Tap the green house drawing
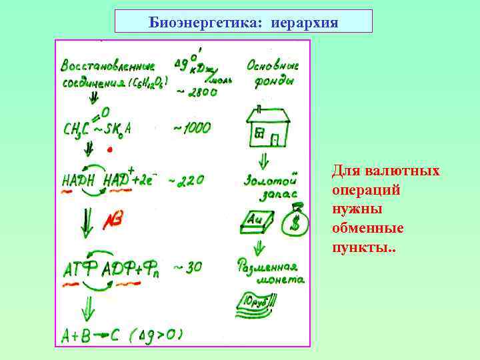click(x=268, y=127)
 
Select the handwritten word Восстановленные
click(x=107, y=67)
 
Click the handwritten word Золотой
click(x=269, y=180)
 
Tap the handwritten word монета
click(x=279, y=280)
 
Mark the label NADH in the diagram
click(x=78, y=181)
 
